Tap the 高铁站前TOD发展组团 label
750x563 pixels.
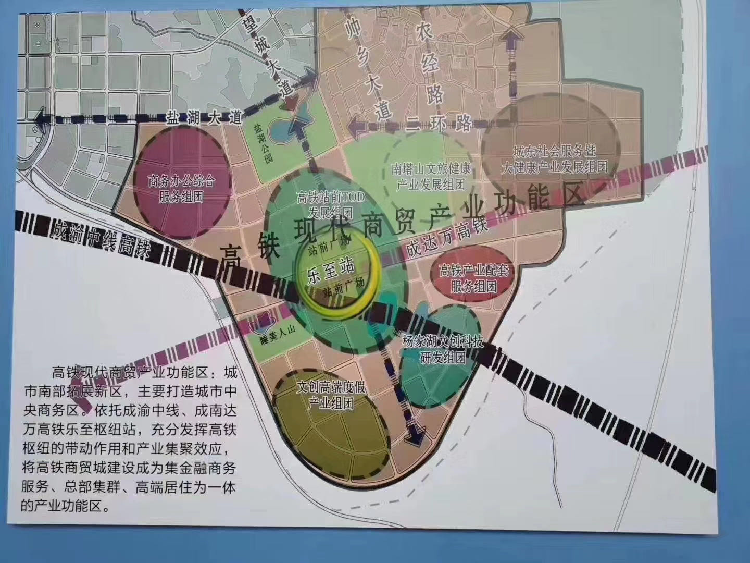coord(330,205)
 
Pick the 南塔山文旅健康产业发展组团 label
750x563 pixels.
coord(431,177)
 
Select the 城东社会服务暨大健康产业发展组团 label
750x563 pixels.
coord(554,160)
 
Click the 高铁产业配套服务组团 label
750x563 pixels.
coord(473,278)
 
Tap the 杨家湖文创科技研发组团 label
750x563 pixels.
coord(443,350)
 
